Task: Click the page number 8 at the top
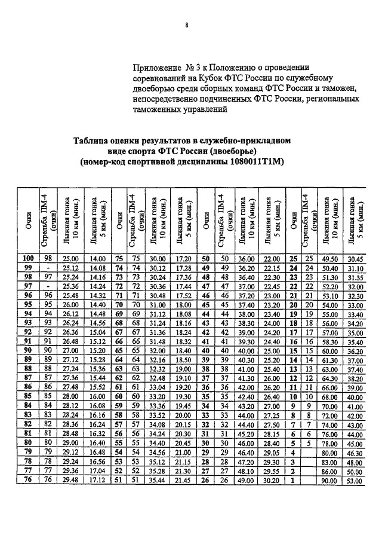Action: pos(187,25)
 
